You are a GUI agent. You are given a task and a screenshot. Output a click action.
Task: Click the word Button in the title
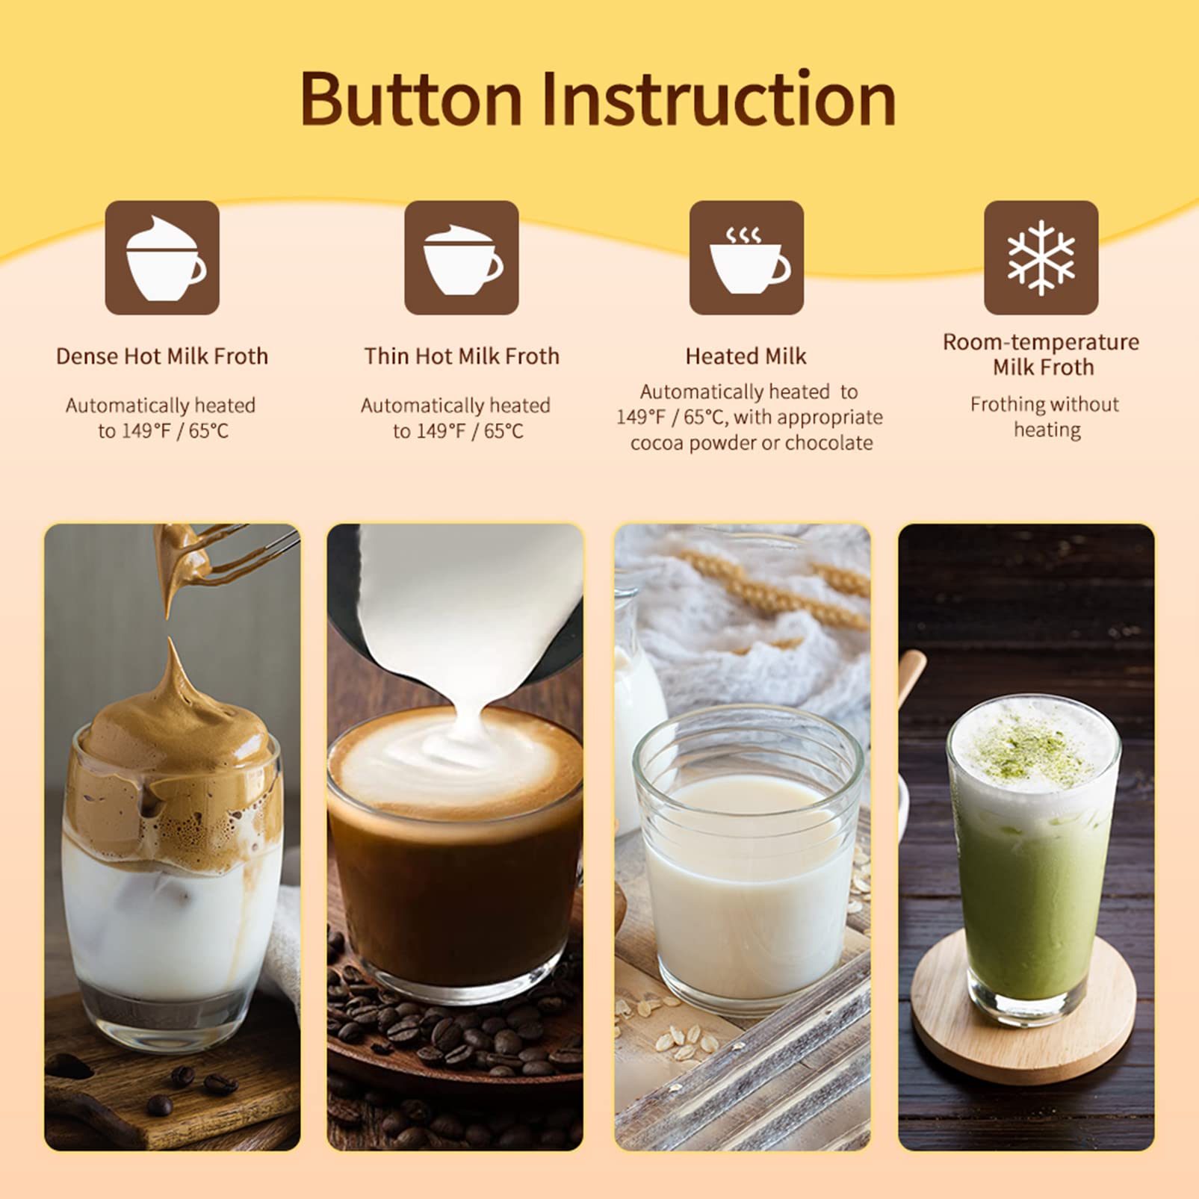(410, 99)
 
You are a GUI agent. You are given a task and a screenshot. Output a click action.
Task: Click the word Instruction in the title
(717, 99)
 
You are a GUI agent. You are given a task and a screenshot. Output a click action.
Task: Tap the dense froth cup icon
(162, 258)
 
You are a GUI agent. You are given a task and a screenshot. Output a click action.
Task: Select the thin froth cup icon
(461, 258)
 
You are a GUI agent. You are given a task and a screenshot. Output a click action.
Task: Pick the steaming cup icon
(746, 258)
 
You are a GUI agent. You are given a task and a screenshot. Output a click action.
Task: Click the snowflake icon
(1041, 258)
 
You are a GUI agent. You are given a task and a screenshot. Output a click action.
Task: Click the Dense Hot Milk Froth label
(162, 356)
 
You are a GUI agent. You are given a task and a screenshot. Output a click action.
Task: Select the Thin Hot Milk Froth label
(461, 356)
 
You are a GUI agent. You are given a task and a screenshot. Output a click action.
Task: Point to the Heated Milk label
(746, 356)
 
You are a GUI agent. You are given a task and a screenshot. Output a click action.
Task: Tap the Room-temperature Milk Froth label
(1041, 354)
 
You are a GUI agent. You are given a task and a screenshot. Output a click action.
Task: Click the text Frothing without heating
(1045, 417)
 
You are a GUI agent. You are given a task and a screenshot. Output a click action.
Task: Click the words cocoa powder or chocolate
(751, 443)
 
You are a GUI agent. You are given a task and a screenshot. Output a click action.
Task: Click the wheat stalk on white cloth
(777, 590)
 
